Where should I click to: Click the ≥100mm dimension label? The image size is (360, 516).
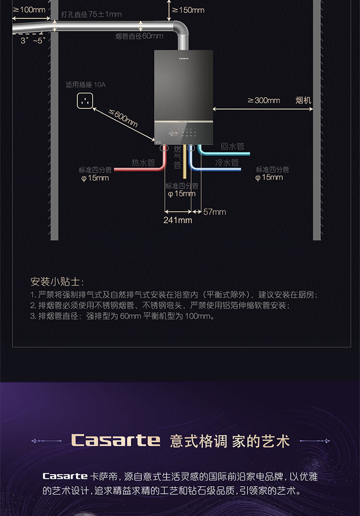pyautogui.click(x=29, y=10)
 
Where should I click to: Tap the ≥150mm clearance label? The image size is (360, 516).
pyautogui.click(x=188, y=10)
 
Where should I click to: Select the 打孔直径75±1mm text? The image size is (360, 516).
pyautogui.click(x=91, y=14)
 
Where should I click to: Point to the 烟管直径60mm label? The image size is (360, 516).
pyautogui.click(x=139, y=36)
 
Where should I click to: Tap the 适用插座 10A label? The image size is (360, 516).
pyautogui.click(x=85, y=84)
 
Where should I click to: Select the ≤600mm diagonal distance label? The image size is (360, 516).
pyautogui.click(x=123, y=118)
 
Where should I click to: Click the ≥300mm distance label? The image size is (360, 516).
pyautogui.click(x=264, y=100)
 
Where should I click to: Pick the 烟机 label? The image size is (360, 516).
pyautogui.click(x=303, y=100)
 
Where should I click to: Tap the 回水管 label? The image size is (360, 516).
pyautogui.click(x=232, y=146)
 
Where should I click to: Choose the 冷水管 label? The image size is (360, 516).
pyautogui.click(x=227, y=163)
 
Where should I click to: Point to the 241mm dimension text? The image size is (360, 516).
pyautogui.click(x=178, y=220)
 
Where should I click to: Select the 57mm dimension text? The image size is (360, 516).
pyautogui.click(x=214, y=212)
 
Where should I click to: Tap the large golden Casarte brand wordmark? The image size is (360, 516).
pyautogui.click(x=116, y=440)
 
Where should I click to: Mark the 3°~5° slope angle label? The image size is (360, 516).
pyautogui.click(x=32, y=41)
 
